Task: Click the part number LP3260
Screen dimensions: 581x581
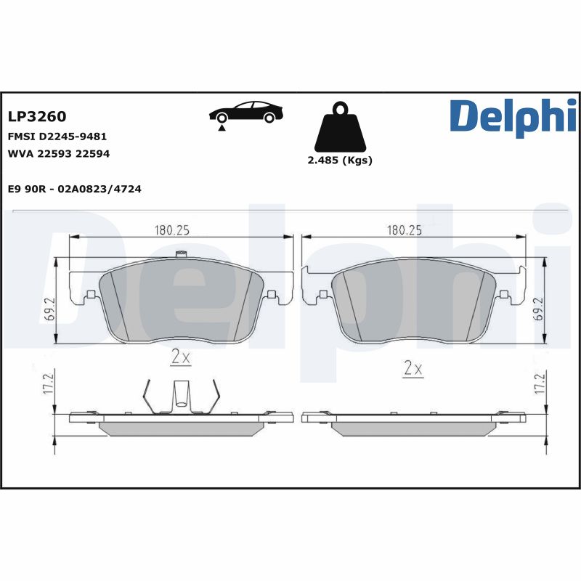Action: click(36, 117)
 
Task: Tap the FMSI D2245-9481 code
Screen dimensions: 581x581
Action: click(57, 136)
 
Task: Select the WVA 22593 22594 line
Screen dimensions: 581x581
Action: click(58, 153)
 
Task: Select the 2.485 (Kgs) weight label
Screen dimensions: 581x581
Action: click(340, 161)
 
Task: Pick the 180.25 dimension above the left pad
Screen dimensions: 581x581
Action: click(171, 230)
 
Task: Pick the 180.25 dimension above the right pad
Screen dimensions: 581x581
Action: click(405, 230)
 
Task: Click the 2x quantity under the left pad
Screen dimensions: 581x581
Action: click(180, 357)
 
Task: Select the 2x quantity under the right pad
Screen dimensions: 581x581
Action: click(413, 369)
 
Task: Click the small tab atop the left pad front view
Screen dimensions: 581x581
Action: click(182, 254)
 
